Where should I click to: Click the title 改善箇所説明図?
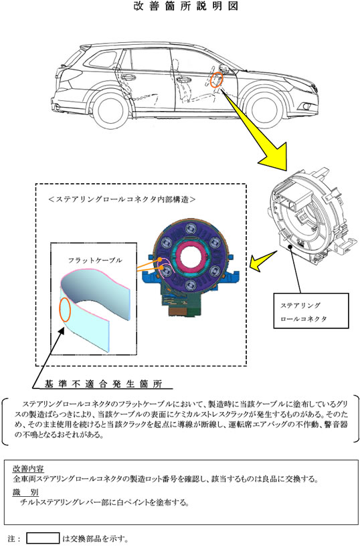click(x=186, y=6)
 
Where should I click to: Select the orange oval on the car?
click(x=217, y=80)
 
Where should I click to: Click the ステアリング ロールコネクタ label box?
click(x=310, y=311)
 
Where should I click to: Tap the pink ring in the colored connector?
click(x=191, y=256)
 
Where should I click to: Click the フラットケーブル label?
click(x=95, y=260)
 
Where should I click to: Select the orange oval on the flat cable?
click(x=65, y=310)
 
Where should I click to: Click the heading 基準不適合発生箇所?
click(x=103, y=384)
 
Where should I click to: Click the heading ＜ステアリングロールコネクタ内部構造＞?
click(x=122, y=199)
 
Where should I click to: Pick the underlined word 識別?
click(x=25, y=493)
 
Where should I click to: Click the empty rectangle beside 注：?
click(x=43, y=538)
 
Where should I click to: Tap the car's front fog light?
click(x=307, y=106)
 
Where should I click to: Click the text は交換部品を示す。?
click(x=95, y=538)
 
